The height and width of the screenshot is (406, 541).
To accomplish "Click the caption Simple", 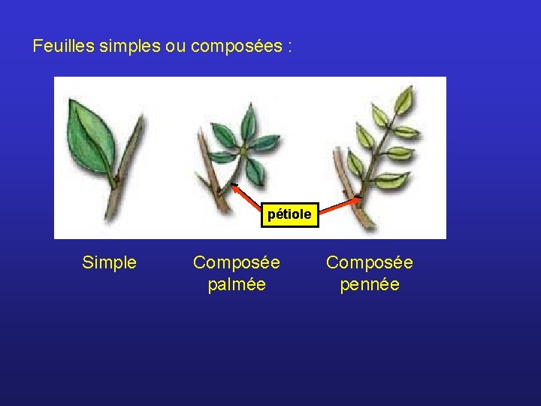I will click(x=109, y=262).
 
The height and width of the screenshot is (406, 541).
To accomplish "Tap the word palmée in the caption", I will click(x=237, y=285).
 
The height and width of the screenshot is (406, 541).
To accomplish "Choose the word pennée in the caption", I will click(x=370, y=285).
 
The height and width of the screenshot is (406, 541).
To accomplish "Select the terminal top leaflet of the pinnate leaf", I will click(x=406, y=98).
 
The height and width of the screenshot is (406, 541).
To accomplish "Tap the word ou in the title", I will click(x=175, y=47).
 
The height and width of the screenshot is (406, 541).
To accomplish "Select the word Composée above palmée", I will click(x=237, y=262).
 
